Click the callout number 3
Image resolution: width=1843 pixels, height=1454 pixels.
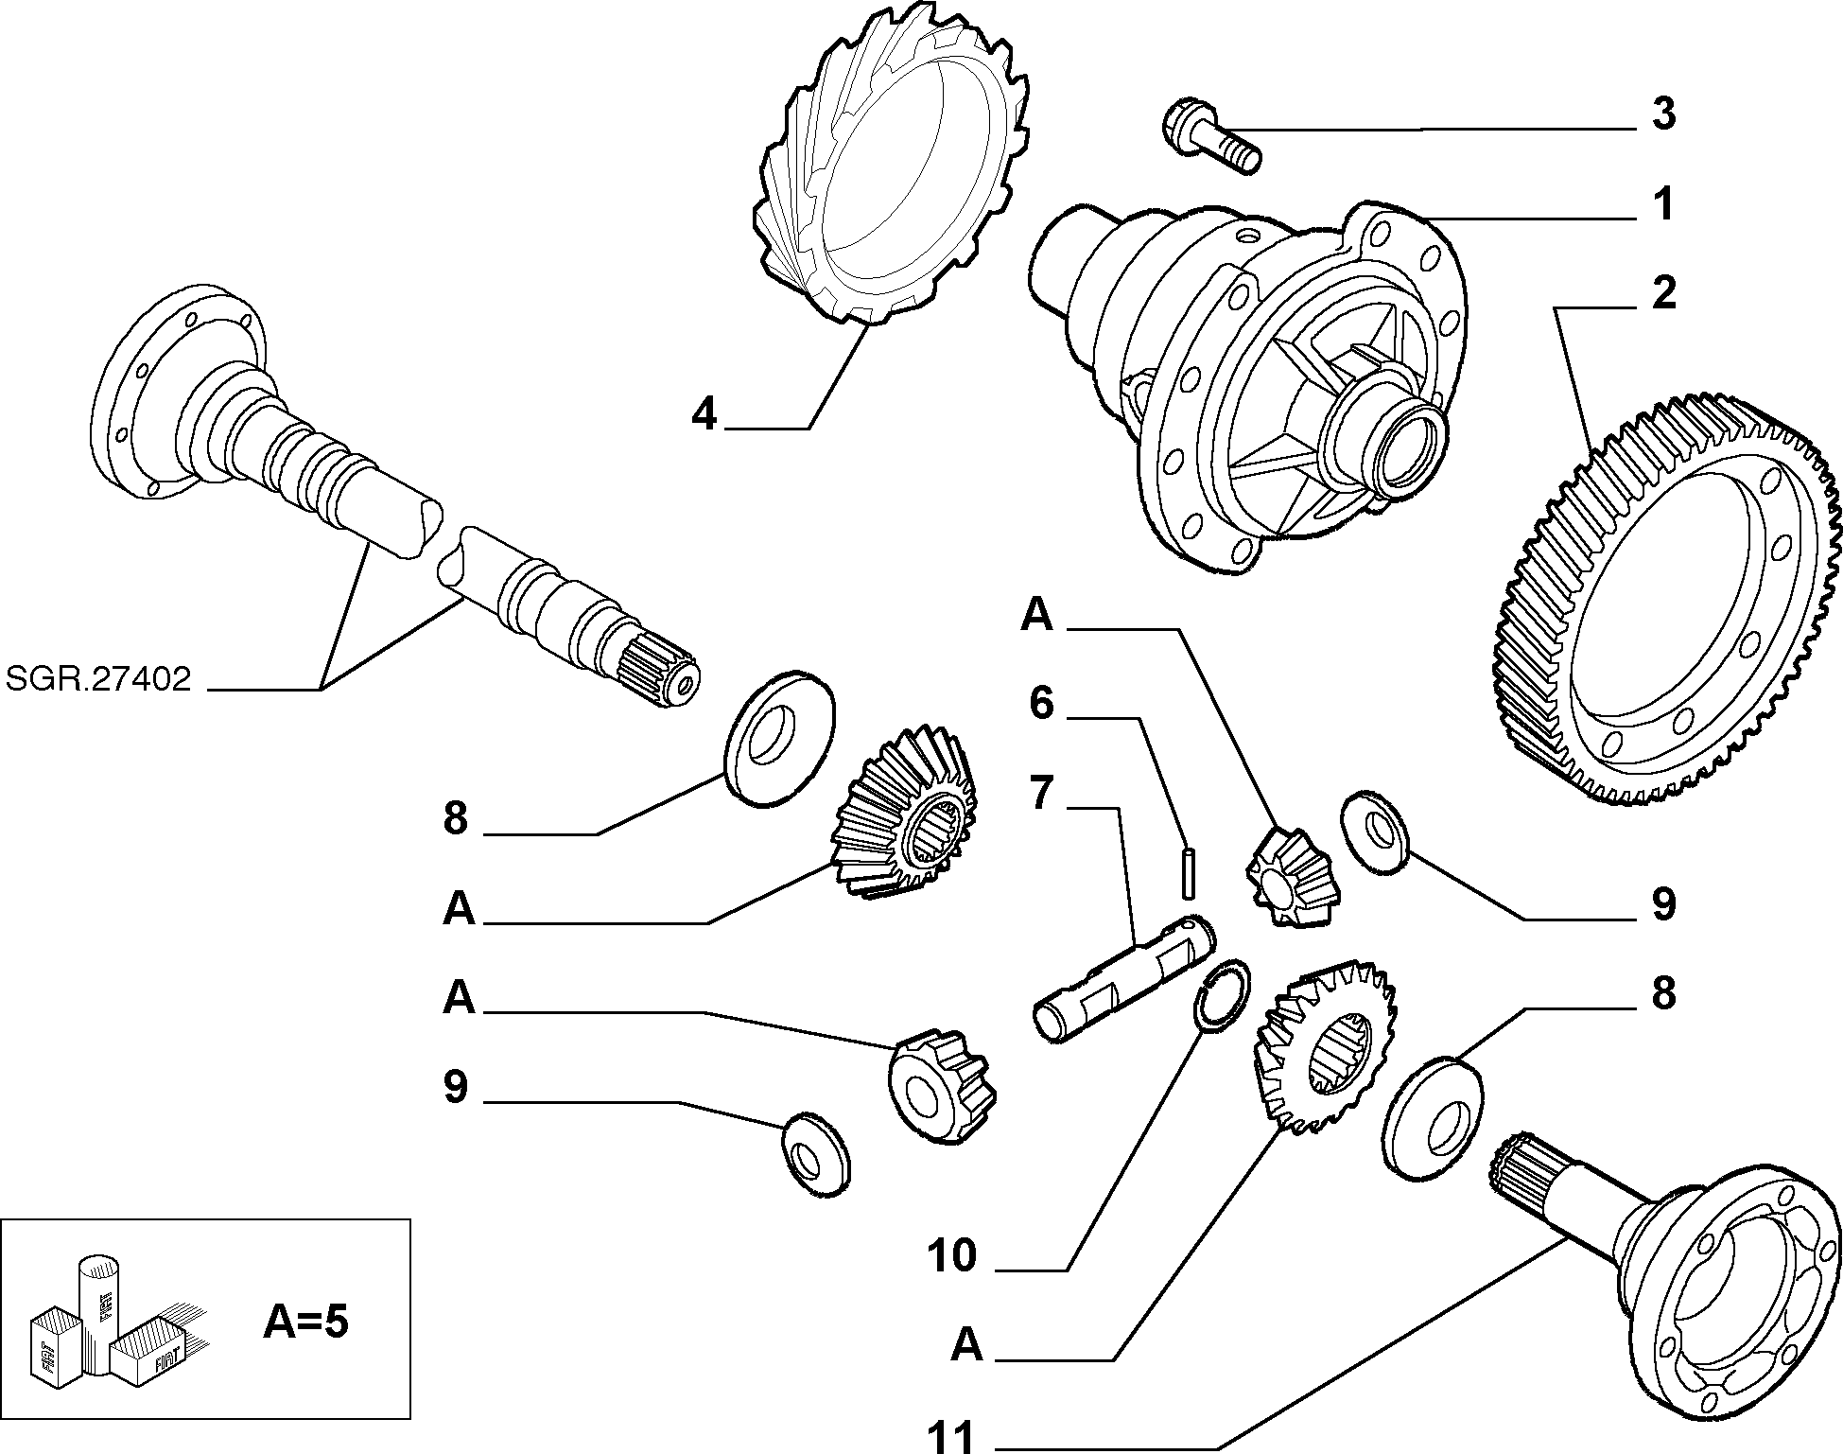point(1663,113)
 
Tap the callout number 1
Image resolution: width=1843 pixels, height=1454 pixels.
point(1663,203)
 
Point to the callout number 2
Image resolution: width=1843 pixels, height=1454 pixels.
point(1663,292)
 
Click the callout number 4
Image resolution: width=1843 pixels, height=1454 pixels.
point(704,413)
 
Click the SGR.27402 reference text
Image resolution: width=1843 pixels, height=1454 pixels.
point(98,678)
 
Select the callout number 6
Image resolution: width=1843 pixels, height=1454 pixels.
point(1041,703)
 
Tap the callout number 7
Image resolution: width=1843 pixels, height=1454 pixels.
point(1041,793)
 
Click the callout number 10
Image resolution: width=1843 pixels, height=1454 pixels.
point(951,1256)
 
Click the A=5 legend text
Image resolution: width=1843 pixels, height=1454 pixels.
point(305,1323)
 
